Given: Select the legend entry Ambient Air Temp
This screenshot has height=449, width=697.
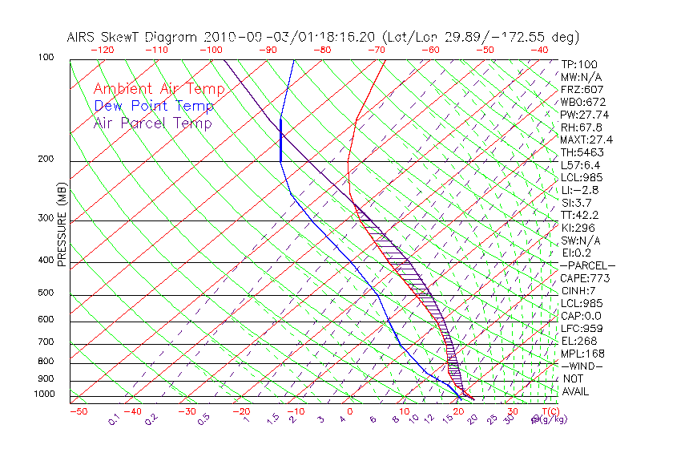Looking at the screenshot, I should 159,89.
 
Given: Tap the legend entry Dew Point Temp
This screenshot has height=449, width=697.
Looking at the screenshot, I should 153,106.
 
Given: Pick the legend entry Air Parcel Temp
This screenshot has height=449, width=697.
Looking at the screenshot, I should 152,123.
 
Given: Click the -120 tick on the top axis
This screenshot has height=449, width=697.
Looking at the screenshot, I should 103,50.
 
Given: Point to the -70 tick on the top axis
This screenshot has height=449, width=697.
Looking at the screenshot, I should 376,50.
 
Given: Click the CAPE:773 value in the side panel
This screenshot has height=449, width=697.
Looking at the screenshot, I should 585,278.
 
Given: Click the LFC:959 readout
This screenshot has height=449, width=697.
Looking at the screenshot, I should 582,329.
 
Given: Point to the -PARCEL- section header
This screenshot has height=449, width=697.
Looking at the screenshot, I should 588,265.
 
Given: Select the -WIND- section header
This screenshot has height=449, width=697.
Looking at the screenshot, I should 582,366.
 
